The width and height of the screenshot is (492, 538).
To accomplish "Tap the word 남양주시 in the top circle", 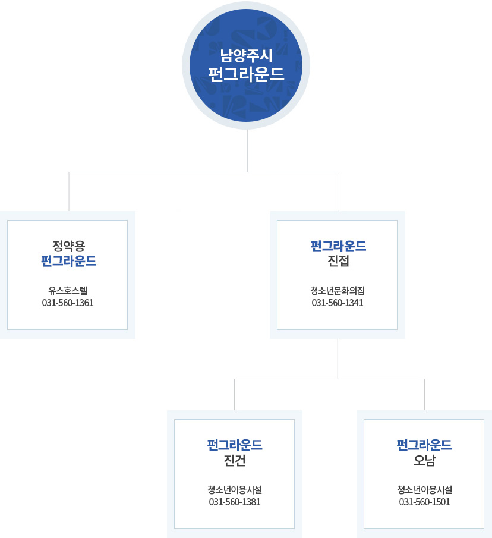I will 246,57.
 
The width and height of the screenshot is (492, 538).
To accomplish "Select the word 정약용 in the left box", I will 68,245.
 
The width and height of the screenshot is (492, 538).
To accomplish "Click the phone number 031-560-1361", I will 68,303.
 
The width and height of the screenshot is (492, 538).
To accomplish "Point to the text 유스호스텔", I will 68,290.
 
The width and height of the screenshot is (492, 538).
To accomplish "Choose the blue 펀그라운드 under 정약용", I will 68,261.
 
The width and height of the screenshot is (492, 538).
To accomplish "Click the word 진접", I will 338,261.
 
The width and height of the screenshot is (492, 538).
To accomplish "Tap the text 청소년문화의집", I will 338,290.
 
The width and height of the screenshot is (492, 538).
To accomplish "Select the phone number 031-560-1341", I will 338,303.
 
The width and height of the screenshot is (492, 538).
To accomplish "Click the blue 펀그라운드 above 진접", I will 338,245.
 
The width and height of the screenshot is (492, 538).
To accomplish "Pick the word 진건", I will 235,460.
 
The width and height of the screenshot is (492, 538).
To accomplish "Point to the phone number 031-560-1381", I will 235,502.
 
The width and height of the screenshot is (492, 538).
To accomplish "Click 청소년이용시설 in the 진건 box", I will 235,490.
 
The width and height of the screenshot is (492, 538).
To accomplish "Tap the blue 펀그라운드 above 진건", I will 235,445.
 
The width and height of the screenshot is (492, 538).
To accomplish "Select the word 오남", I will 424,460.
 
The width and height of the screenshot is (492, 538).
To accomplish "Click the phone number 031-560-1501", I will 424,502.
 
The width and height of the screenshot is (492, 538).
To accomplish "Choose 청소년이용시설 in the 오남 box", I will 424,490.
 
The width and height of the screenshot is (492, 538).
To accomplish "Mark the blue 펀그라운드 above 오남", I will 424,445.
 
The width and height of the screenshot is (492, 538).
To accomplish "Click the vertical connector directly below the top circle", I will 247,151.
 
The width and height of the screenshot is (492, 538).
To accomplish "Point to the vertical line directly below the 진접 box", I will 338,358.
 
